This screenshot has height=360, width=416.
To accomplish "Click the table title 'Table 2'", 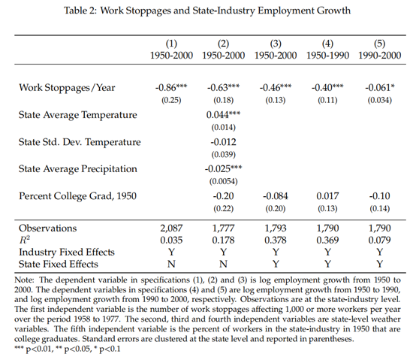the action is click(x=80, y=11).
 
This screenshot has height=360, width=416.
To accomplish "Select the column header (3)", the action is click(x=276, y=44).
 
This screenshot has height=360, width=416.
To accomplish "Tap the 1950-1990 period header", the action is click(x=327, y=56).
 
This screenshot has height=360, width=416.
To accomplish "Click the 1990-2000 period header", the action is click(x=380, y=56).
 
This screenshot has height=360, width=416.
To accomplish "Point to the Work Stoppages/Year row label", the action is click(x=67, y=88).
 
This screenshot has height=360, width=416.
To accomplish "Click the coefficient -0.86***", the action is click(x=171, y=87).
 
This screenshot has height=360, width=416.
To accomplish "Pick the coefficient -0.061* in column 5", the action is click(x=380, y=87).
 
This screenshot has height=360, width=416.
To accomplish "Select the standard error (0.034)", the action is click(x=380, y=100).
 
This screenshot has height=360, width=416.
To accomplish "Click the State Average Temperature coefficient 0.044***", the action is click(x=223, y=115).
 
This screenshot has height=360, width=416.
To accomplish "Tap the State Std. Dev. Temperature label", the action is click(x=80, y=142).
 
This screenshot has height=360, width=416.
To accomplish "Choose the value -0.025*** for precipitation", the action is click(x=223, y=168).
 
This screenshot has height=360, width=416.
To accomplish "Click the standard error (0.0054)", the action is click(x=223, y=181).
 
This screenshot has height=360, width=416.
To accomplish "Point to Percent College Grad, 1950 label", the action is click(x=77, y=196).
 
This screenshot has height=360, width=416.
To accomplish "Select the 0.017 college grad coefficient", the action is click(x=327, y=196).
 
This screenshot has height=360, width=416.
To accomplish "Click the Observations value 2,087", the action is click(x=171, y=228).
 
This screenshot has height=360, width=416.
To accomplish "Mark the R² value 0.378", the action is click(x=276, y=241).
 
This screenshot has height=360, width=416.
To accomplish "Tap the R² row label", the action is click(x=25, y=240).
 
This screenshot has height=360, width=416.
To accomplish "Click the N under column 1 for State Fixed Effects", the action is click(x=171, y=264).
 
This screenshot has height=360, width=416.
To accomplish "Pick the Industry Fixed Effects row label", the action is click(x=67, y=253).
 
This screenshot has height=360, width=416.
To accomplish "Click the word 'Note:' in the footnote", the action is click(x=24, y=280).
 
